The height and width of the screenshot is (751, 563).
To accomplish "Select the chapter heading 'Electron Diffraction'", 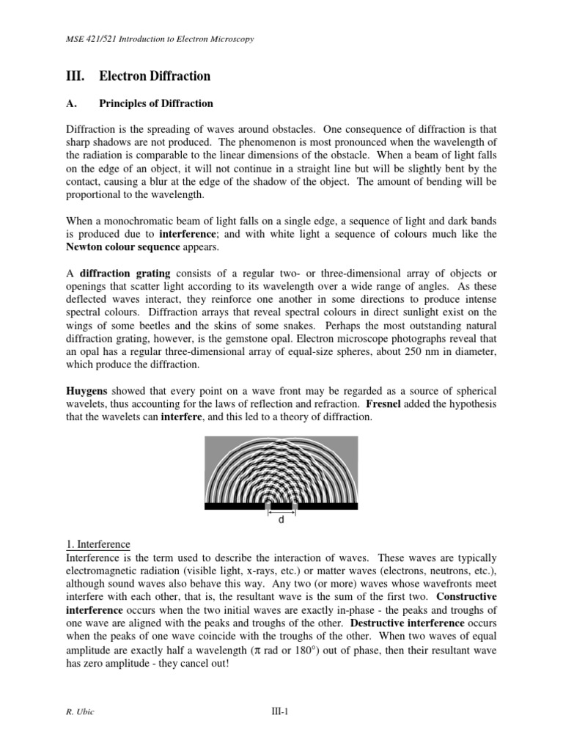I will pyautogui.click(x=154, y=76).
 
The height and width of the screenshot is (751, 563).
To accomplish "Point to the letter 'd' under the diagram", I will pyautogui.click(x=281, y=519).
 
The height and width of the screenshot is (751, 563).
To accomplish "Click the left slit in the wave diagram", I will pyautogui.click(x=268, y=505).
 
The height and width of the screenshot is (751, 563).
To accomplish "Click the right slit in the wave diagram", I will pyautogui.click(x=295, y=505).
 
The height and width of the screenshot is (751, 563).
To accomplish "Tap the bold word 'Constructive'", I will pyautogui.click(x=465, y=597).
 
